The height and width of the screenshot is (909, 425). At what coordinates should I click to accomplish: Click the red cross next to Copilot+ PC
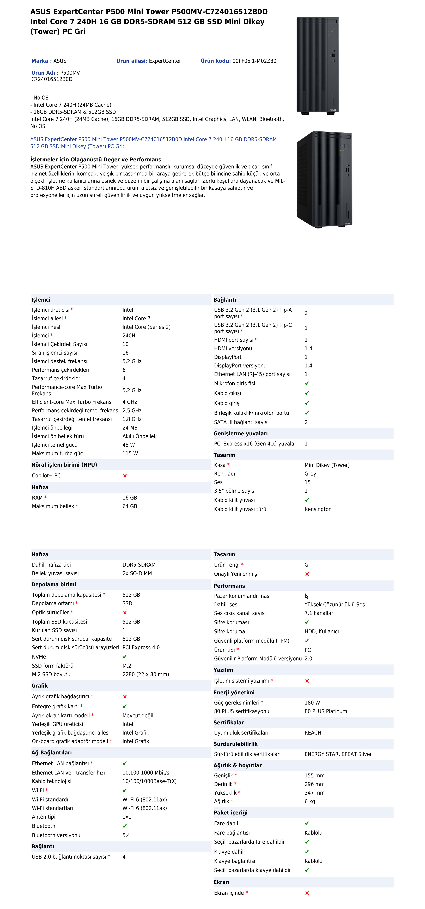[x=125, y=476]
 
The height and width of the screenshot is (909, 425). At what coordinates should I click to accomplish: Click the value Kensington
[x=318, y=509]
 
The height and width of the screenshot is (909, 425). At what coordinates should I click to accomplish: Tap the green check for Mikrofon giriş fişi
[x=307, y=384]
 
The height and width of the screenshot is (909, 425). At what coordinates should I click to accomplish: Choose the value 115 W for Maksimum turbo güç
[x=130, y=453]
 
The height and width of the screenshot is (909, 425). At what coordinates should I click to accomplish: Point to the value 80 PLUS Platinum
[x=326, y=711]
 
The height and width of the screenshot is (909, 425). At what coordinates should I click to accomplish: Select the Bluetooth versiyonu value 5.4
[x=126, y=835]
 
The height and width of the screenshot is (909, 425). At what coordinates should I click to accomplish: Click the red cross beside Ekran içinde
[x=307, y=893]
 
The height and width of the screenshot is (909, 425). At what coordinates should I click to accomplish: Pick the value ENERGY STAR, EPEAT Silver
[x=338, y=754]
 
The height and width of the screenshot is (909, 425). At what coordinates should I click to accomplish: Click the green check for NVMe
[x=125, y=657]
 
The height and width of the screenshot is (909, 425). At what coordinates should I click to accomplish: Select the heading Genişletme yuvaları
[x=240, y=434]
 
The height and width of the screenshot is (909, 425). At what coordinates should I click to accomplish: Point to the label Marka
[x=40, y=61]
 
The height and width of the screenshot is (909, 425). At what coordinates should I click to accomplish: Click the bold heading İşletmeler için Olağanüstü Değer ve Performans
[x=95, y=160]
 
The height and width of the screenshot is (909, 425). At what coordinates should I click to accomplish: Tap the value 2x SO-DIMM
[x=137, y=573]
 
